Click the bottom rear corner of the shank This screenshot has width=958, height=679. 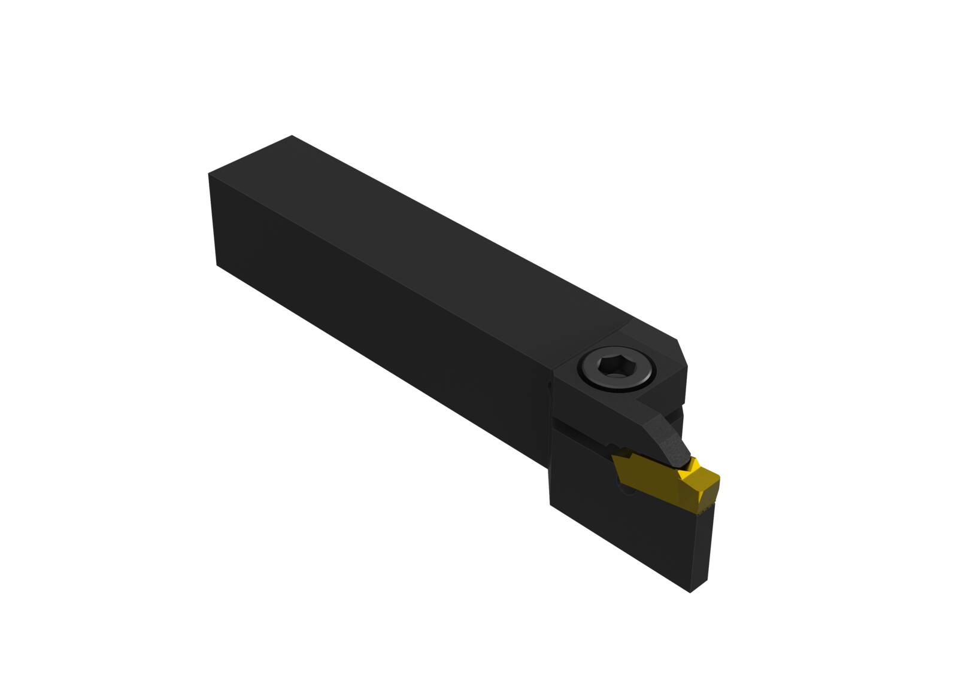[x=217, y=264]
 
